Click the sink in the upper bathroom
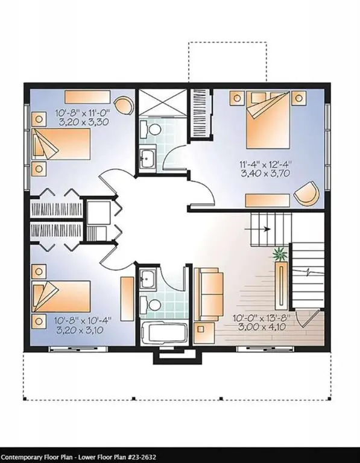point(147,160)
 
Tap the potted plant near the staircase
point(280,254)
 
